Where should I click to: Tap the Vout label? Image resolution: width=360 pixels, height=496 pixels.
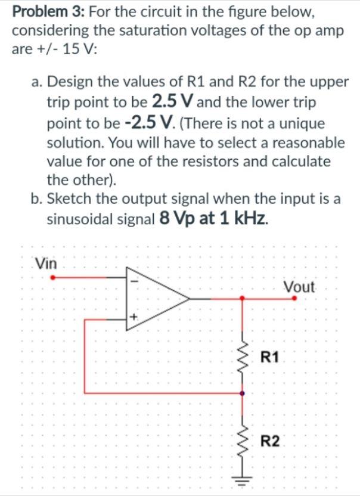pos(299,286)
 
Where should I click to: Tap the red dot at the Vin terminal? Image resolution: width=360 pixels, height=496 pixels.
pos(53,277)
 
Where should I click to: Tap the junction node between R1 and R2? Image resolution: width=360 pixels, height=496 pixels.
pos(242,393)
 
